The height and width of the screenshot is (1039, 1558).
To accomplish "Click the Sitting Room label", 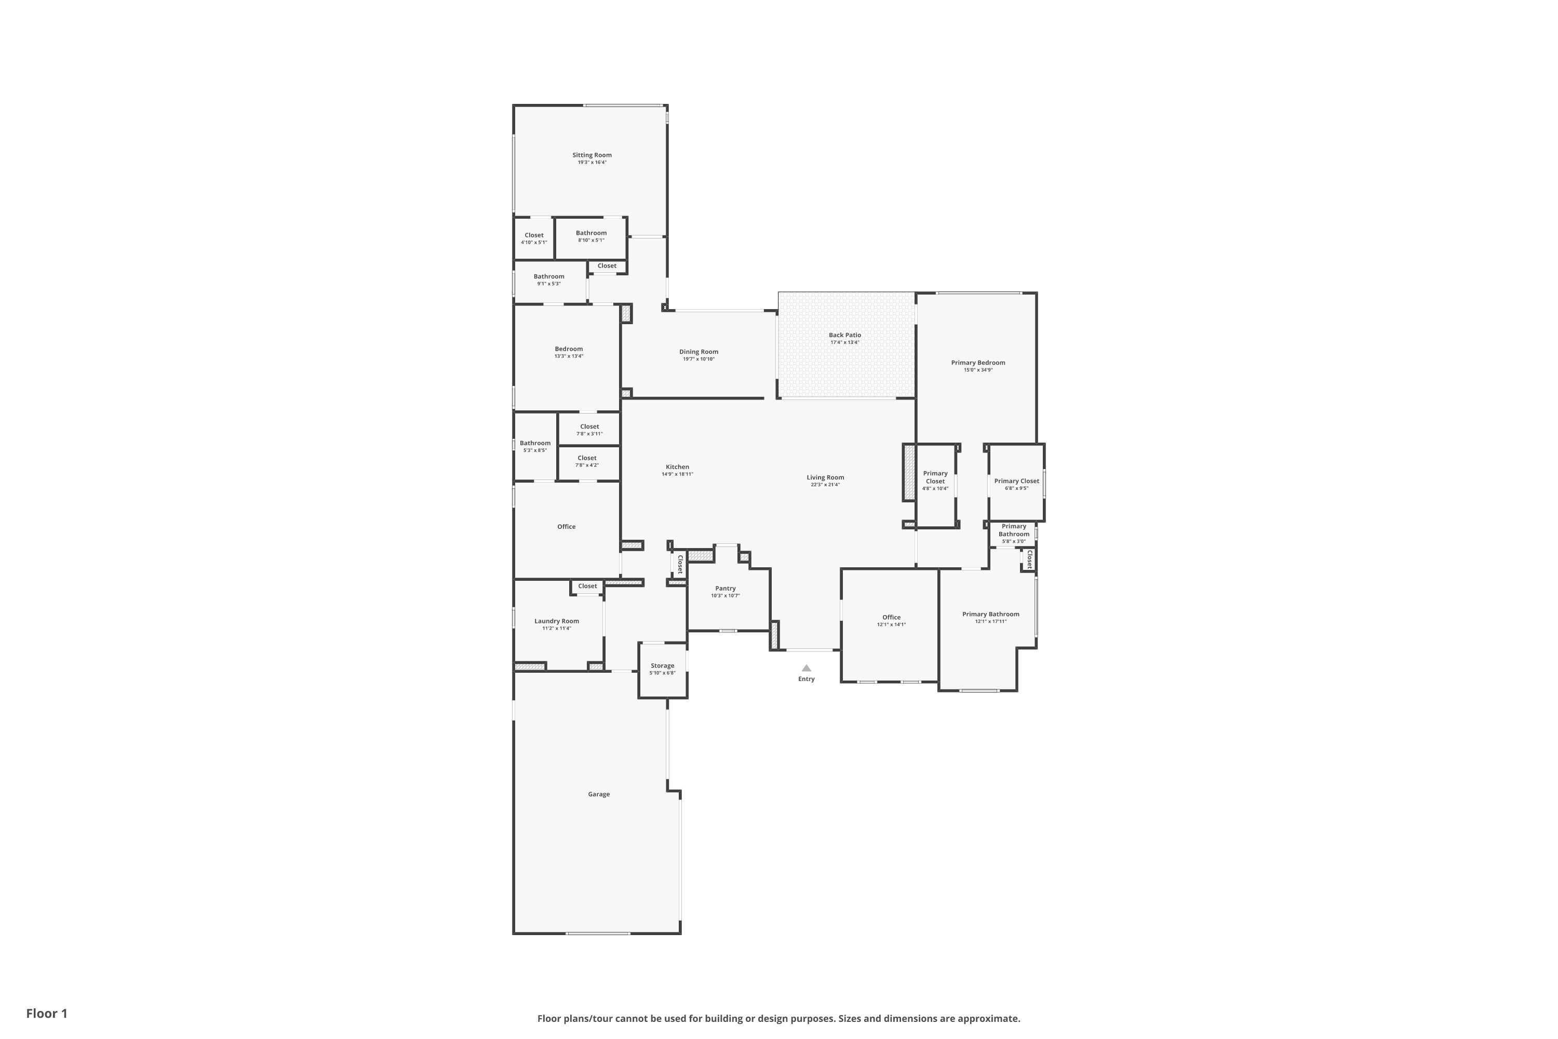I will click(x=592, y=155).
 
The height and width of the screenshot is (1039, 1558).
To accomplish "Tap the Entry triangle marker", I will click(x=806, y=668).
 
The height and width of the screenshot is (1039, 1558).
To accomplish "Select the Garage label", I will click(x=598, y=794).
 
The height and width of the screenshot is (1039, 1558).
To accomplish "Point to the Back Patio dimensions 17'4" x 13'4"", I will click(x=844, y=342).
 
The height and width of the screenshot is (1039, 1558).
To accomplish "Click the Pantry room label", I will click(x=726, y=589).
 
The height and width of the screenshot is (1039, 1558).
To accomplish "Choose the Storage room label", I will click(x=662, y=666).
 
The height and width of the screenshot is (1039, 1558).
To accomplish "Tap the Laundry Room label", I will click(x=556, y=621).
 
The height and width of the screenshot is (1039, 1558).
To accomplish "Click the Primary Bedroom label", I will click(x=978, y=363).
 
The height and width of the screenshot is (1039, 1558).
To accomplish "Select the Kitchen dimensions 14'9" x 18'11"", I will click(x=677, y=474).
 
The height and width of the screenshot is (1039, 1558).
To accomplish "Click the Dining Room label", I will click(x=698, y=352).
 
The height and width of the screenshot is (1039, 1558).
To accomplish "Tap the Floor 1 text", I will click(x=46, y=1013).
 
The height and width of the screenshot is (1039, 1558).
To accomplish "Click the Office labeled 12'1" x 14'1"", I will click(x=891, y=617).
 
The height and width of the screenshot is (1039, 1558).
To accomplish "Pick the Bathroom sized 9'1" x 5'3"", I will click(x=548, y=276).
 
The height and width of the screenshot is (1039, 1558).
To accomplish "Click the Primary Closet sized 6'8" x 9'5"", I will click(x=1016, y=481).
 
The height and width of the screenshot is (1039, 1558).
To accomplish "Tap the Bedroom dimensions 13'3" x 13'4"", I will click(x=568, y=356).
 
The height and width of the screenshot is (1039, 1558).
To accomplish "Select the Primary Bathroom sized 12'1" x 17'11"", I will click(x=990, y=614).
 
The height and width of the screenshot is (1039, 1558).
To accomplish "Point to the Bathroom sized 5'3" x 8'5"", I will click(x=534, y=443).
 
